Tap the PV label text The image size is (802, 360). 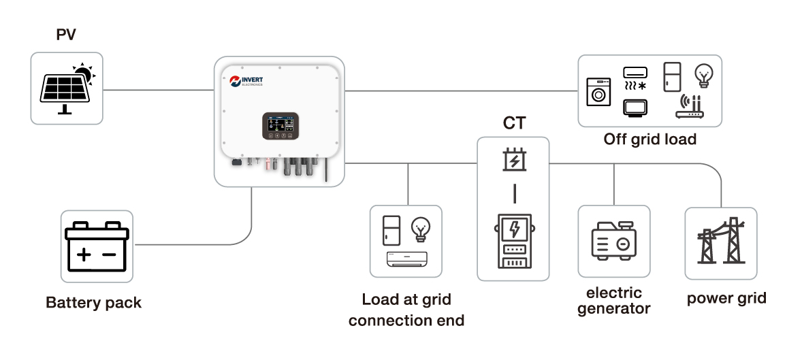(66, 34)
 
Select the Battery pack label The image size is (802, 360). (94, 303)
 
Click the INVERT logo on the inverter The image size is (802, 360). (246, 82)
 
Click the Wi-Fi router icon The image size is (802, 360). (689, 108)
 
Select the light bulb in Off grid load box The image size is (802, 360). (703, 73)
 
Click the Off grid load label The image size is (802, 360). (649, 140)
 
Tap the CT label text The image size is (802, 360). (513, 123)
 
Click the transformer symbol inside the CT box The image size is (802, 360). (514, 160)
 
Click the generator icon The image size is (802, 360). (613, 241)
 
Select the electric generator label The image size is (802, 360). (614, 301)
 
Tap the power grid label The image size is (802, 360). (726, 298)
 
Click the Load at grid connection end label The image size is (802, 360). (406, 310)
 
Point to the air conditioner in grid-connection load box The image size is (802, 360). (406, 259)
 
